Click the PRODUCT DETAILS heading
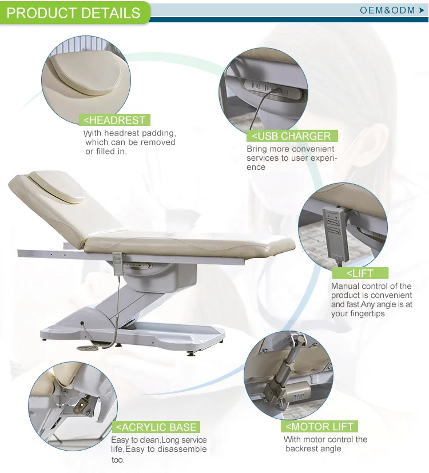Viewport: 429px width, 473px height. click(73, 13)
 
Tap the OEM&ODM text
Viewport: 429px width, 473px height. click(387, 10)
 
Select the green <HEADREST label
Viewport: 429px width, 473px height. click(114, 120)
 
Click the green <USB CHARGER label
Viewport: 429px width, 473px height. click(292, 136)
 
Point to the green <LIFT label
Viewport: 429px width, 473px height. click(360, 273)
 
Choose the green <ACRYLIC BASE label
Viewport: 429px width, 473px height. click(156, 427)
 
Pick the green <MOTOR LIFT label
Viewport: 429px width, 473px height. click(319, 427)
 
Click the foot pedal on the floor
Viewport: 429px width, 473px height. click(86, 348)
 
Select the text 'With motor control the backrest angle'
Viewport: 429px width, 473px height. click(325, 444)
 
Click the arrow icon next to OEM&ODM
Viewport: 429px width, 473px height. click(422, 10)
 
